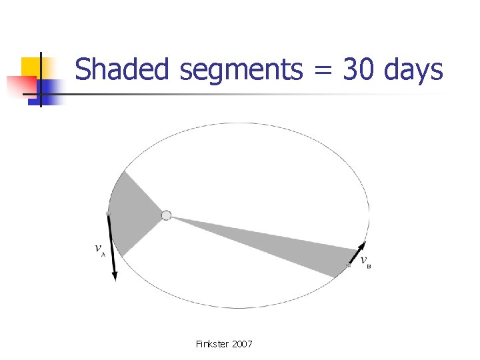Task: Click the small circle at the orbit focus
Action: pos(166,215)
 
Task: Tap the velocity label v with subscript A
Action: pos(100,249)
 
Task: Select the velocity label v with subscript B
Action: pos(365,261)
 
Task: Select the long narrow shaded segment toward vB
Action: pos(280,243)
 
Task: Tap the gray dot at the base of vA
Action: pos(108,213)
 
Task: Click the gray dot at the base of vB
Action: pos(349,265)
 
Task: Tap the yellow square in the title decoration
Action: pos(30,67)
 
